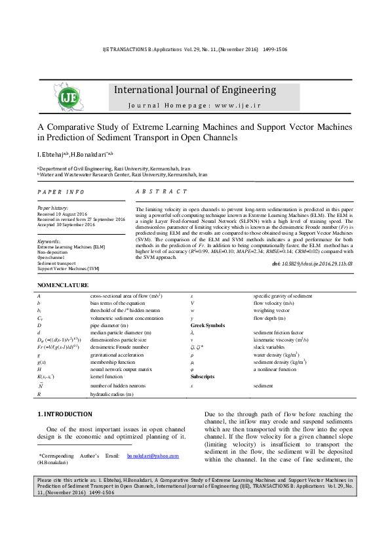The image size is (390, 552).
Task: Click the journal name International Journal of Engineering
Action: [195, 90]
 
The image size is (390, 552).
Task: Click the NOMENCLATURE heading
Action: [62, 285]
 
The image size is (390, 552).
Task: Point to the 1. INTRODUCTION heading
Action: [64, 414]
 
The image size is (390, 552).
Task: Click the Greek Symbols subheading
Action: [208, 325]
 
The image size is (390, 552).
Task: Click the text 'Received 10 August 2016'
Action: [62, 214]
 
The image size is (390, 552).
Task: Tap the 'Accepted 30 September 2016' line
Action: [66, 225]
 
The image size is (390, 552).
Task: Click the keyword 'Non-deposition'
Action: [53, 252]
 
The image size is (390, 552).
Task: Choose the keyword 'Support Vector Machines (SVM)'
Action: [68, 269]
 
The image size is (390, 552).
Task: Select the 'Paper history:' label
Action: [53, 208]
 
